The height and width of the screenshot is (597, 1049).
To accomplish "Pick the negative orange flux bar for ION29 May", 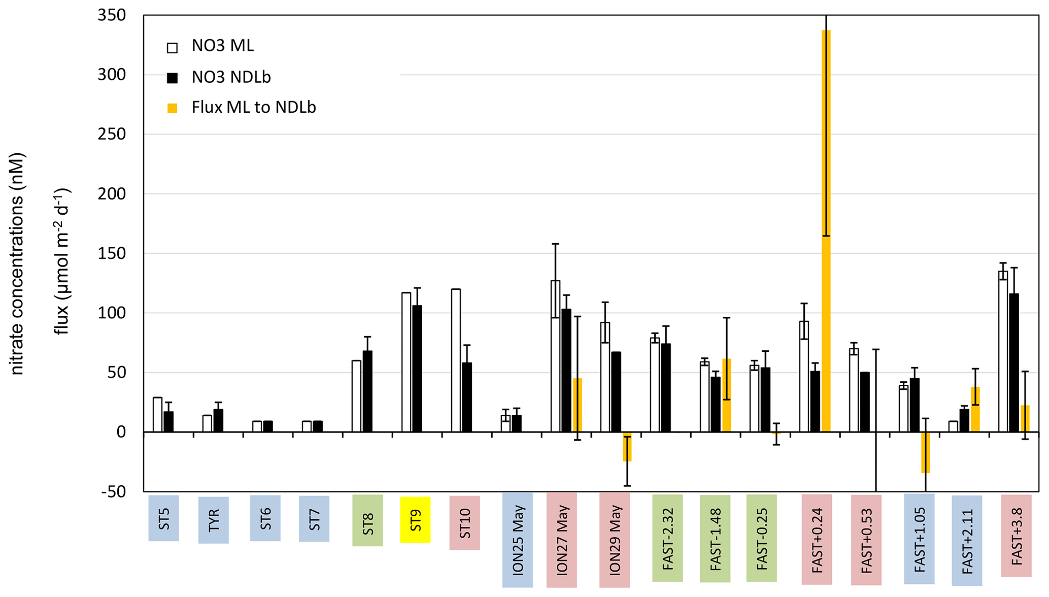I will (627, 447).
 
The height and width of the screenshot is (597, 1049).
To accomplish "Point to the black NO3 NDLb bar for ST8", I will (367, 391).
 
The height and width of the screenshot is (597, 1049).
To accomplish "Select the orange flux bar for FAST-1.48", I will (727, 395).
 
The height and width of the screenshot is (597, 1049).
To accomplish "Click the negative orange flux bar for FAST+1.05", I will (926, 452).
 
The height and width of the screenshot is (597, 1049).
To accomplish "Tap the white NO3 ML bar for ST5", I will (157, 414).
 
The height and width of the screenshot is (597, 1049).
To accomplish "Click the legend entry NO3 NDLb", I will (231, 77).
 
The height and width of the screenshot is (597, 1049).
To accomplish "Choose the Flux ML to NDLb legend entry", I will (253, 108).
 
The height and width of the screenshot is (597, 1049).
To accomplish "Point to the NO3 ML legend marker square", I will (173, 48).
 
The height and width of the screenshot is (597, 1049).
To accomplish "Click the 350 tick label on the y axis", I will (112, 16).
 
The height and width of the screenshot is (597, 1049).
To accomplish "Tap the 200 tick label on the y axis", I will (112, 194).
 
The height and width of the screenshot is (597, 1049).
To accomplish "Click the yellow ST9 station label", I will (415, 520).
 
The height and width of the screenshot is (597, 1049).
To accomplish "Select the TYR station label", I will (214, 520).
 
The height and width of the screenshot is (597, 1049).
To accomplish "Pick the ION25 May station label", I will (518, 540).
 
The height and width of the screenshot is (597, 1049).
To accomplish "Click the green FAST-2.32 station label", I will (667, 538).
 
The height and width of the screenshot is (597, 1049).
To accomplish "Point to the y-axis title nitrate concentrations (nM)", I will (17, 264).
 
